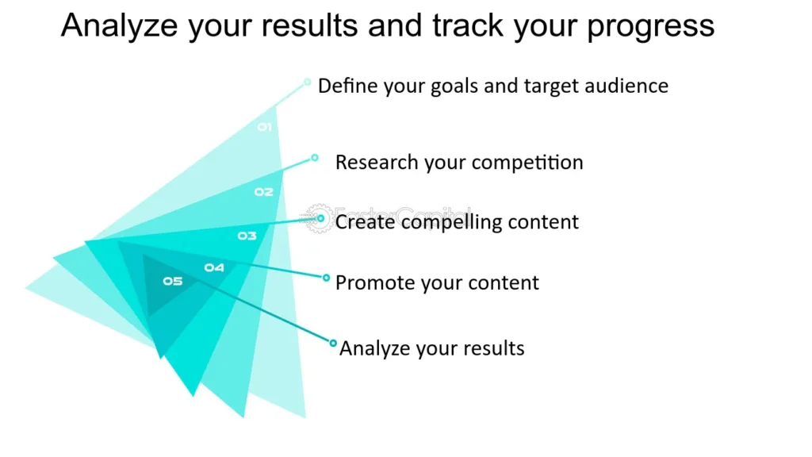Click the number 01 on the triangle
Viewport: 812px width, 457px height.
[264, 128]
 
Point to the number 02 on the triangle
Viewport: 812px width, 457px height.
[263, 192]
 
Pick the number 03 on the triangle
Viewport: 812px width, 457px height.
[247, 236]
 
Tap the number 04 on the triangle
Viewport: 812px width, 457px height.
[214, 268]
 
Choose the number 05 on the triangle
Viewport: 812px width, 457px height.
[172, 281]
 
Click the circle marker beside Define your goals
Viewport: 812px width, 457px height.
[307, 83]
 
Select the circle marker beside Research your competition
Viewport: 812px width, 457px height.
[315, 158]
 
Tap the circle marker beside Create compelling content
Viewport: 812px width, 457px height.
[320, 218]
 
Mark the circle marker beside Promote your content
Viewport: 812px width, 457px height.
[326, 278]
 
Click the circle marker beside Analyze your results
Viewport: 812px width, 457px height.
[333, 343]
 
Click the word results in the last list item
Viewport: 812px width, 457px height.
[494, 348]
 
